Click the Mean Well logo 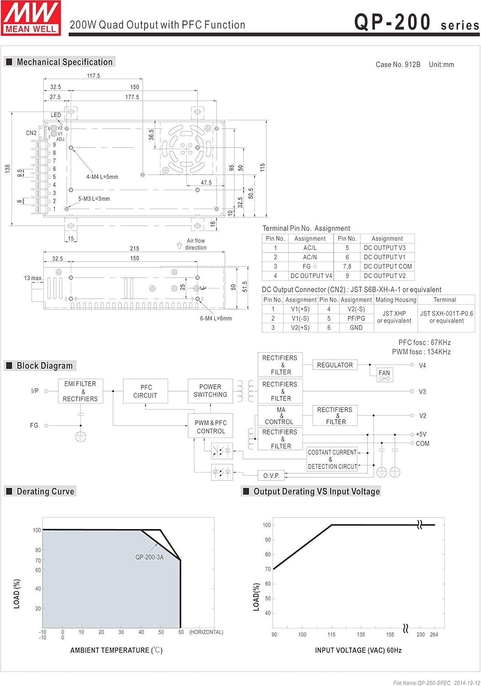(31, 18)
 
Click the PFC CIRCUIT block (145, 391)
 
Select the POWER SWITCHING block (210, 391)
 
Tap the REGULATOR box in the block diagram (335, 365)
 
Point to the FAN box (384, 375)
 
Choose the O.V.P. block (271, 476)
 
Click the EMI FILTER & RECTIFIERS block (80, 391)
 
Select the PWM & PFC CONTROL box (210, 427)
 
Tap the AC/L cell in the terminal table (310, 248)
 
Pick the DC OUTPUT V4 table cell (311, 276)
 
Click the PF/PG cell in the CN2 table (356, 318)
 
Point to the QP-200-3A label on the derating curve (149, 557)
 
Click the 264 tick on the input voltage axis (434, 634)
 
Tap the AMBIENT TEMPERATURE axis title (116, 650)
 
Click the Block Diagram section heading (44, 366)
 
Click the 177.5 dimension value (132, 97)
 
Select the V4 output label (422, 365)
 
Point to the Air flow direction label (196, 244)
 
